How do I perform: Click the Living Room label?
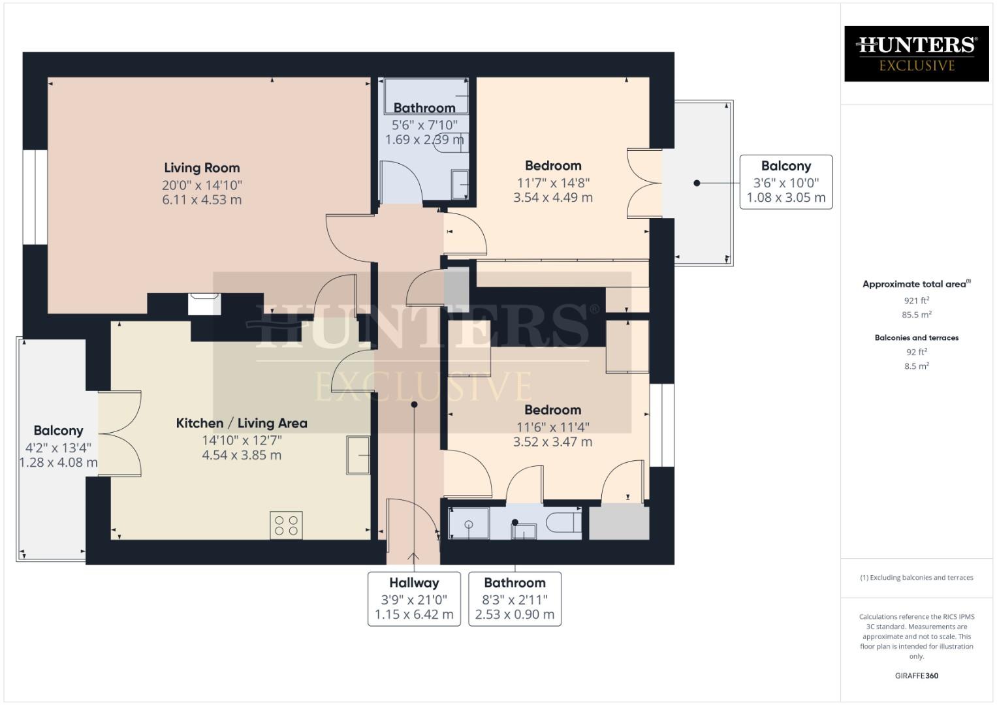click(202, 168)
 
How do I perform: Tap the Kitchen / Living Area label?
click(242, 423)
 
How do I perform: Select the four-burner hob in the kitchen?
click(286, 525)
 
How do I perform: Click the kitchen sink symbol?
click(358, 454)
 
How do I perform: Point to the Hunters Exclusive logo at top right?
click(916, 54)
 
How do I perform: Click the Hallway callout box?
click(414, 599)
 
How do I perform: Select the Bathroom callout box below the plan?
click(514, 599)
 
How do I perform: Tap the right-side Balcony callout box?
click(785, 182)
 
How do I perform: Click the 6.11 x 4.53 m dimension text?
click(202, 200)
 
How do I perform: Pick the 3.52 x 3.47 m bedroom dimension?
click(552, 442)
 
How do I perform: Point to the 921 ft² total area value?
click(916, 300)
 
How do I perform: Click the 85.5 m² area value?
click(916, 315)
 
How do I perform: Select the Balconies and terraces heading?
click(916, 337)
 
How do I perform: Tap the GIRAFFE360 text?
click(916, 676)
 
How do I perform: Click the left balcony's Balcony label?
click(58, 431)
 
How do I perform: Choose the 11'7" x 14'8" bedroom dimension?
click(553, 183)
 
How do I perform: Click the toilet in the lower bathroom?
click(563, 522)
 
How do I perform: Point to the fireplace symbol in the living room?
click(204, 305)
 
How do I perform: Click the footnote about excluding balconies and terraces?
click(916, 578)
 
